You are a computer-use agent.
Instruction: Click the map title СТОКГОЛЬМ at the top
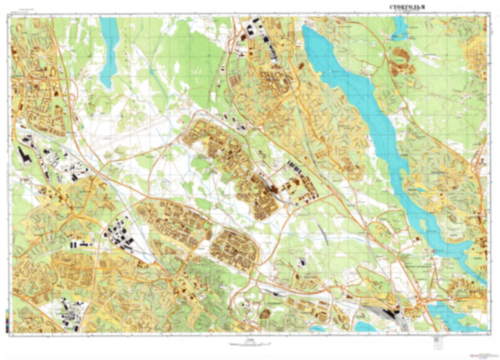(407, 7)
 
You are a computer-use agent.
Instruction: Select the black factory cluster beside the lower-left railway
(119, 235)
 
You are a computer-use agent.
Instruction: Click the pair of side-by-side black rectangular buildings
(73, 245)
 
